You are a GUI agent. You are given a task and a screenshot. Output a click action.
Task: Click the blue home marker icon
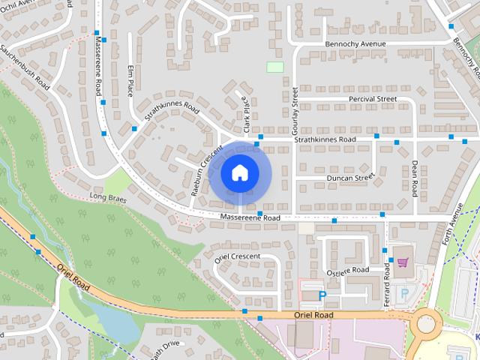pos(239,173)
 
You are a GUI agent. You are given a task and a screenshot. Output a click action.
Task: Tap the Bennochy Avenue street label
pos(355,44)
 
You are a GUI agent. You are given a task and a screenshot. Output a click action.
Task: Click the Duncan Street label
pos(350,178)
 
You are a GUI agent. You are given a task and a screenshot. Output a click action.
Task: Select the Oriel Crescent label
pos(237,257)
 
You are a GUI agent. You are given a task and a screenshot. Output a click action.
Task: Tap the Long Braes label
pos(106,197)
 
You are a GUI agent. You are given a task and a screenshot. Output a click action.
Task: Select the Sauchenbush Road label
pos(25,68)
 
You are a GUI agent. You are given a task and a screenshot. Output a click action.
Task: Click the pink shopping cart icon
pos(403,262)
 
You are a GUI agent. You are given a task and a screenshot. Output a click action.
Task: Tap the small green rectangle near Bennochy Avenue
pos(275,67)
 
